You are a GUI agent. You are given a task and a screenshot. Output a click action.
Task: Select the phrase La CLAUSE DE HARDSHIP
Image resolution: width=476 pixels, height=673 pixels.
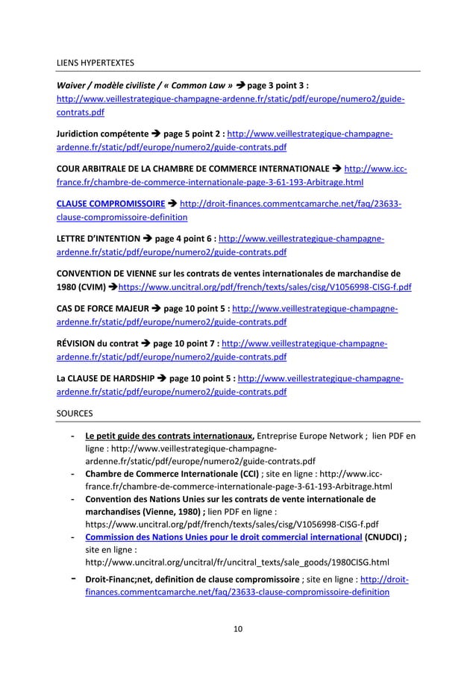pos(107,378)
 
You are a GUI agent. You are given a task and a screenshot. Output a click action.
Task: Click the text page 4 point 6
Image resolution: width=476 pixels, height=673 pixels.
pos(183,238)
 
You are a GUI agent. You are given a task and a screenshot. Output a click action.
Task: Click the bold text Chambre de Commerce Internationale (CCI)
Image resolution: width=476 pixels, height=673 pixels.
pos(172,473)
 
